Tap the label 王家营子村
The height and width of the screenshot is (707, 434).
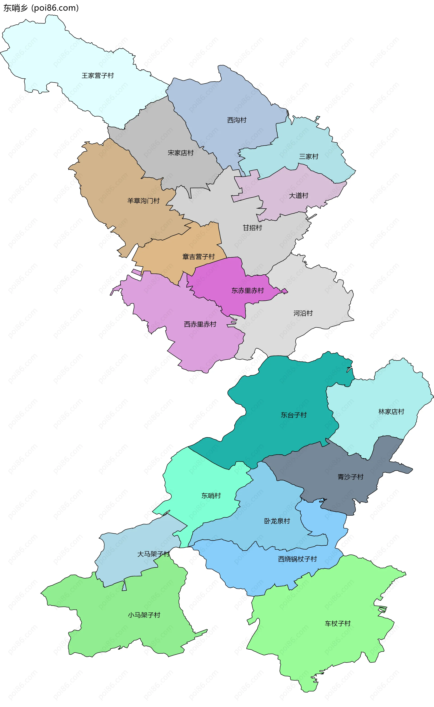click(x=98, y=75)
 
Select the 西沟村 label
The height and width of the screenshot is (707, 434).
click(x=237, y=120)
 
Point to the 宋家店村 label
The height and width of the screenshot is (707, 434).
click(x=181, y=153)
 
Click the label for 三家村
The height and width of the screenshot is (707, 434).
click(x=309, y=156)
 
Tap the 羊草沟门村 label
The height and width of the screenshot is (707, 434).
click(x=143, y=201)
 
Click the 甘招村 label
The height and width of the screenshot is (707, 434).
click(x=252, y=228)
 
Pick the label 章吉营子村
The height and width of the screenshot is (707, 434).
click(x=198, y=257)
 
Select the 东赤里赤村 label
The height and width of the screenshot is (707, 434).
click(x=248, y=291)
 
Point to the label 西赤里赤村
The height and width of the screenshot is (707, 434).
click(x=200, y=324)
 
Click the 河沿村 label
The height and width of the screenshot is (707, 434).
click(x=303, y=313)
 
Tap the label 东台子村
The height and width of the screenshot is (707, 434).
click(x=293, y=415)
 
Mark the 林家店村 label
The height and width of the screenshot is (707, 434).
click(x=391, y=412)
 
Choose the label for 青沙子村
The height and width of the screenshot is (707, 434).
click(x=350, y=477)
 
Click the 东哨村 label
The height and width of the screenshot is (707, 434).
click(x=211, y=495)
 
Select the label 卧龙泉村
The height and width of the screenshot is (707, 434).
click(x=277, y=521)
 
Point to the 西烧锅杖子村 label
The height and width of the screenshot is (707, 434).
click(x=297, y=559)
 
